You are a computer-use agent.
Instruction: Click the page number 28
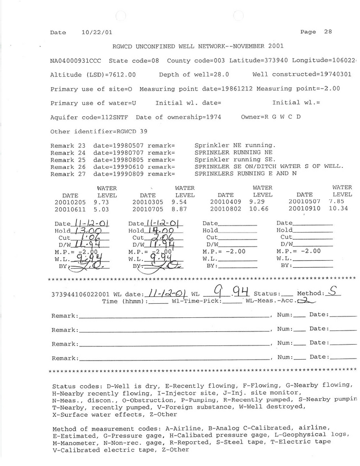(x=328, y=32)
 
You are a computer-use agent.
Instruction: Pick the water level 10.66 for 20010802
(x=262, y=209)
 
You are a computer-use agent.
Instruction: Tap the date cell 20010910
(x=305, y=209)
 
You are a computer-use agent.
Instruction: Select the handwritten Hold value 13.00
(x=90, y=231)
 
